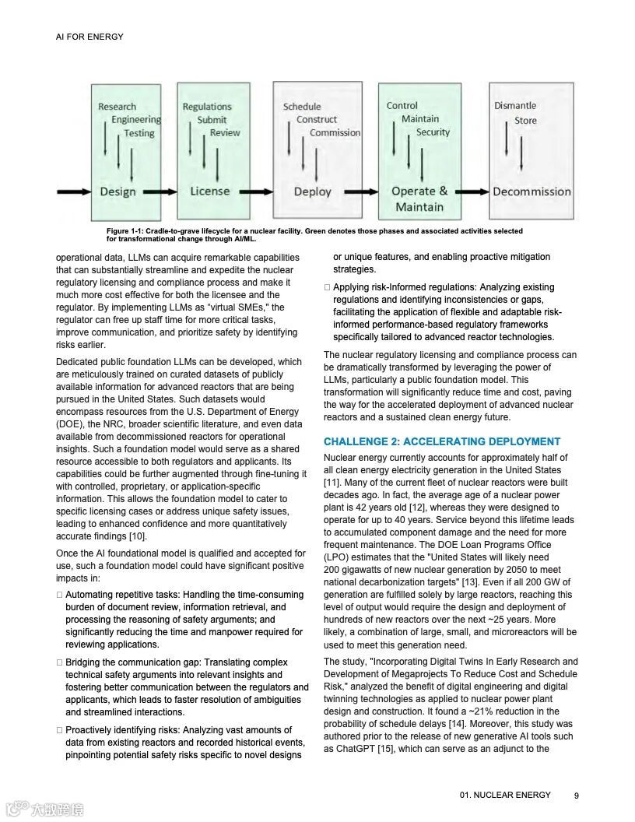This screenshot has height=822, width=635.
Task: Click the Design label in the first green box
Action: [118, 191]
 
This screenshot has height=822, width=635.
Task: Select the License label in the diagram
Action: [210, 191]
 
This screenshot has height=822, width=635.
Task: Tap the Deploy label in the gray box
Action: [312, 191]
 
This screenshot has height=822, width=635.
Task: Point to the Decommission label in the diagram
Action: [532, 191]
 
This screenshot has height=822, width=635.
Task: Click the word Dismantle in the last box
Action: [515, 106]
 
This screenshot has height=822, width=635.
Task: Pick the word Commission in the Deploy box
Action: [335, 133]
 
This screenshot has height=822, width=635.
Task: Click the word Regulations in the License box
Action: [207, 107]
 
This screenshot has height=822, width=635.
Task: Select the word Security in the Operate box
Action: [433, 132]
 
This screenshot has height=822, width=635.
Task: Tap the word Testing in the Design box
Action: [139, 133]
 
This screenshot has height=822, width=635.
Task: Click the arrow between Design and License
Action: [160, 191]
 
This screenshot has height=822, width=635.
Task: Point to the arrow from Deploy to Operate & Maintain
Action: [360, 191]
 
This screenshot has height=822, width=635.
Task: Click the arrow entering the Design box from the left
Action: [74, 191]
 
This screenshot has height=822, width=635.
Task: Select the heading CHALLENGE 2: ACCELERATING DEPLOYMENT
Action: [442, 441]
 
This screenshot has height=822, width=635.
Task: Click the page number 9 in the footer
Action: [577, 796]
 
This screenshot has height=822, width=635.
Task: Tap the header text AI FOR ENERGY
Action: [89, 37]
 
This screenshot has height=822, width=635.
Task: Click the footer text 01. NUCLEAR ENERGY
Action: [505, 795]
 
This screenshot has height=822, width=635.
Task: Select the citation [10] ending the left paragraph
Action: [138, 536]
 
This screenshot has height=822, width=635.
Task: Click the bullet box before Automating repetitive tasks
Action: [59, 595]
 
